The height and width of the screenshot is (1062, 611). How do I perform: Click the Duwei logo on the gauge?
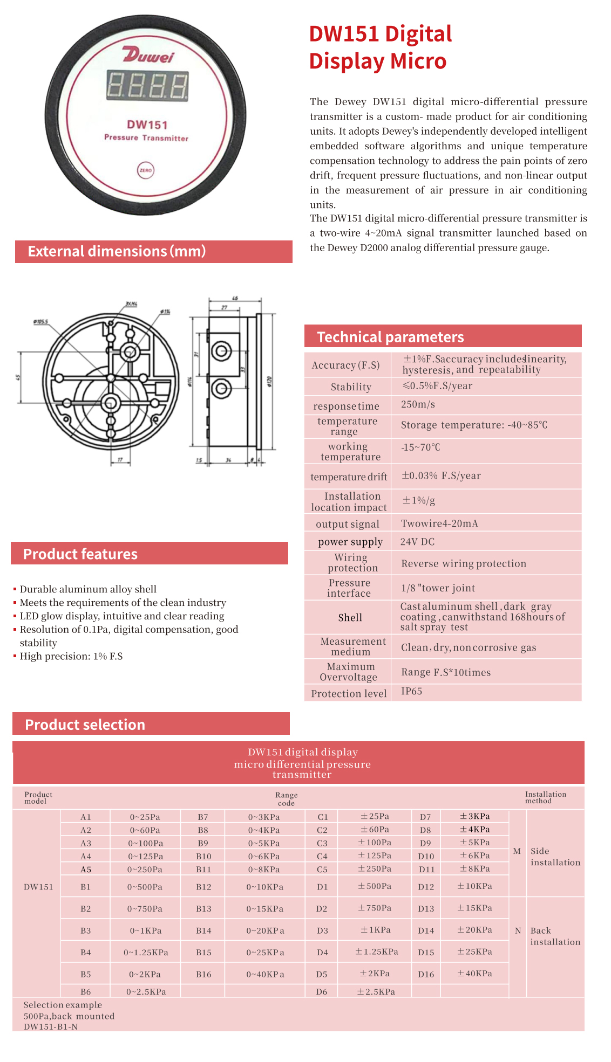click(x=148, y=55)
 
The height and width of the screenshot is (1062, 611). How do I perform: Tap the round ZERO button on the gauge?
click(x=146, y=170)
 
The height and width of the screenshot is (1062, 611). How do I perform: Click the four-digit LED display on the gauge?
click(x=147, y=86)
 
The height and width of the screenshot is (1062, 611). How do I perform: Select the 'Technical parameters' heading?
click(x=390, y=337)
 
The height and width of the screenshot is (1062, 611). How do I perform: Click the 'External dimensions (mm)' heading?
click(x=117, y=251)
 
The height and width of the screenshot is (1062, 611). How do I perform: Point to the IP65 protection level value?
click(x=411, y=691)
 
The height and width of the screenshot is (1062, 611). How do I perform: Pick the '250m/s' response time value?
click(x=418, y=404)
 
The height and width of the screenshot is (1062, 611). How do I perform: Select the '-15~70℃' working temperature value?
click(x=420, y=447)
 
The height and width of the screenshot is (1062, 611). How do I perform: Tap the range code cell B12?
click(x=203, y=887)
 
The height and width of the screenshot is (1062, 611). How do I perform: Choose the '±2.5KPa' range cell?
click(x=376, y=991)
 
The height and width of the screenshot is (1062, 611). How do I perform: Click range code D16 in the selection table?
click(x=426, y=974)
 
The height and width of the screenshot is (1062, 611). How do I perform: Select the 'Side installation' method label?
click(x=555, y=857)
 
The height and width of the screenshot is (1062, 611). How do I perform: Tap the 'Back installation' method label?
click(x=555, y=936)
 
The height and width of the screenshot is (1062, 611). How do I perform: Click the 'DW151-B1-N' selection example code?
click(x=50, y=1026)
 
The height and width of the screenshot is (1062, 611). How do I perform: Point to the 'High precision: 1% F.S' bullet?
click(x=71, y=656)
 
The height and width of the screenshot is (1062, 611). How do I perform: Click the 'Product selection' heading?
click(x=85, y=725)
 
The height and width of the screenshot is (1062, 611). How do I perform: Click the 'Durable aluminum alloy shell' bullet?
click(x=88, y=589)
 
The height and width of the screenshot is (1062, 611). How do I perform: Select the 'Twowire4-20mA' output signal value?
click(x=439, y=523)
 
